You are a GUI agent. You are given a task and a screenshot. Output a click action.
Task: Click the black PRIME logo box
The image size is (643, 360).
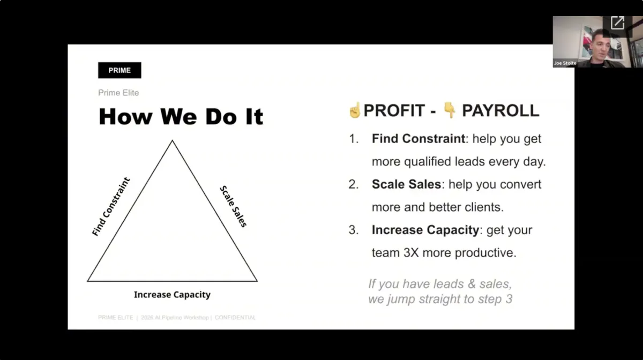click(119, 70)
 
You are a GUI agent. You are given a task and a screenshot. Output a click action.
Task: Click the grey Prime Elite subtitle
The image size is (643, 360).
click(118, 93)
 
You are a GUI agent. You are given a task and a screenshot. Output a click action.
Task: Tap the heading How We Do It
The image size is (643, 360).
click(181, 117)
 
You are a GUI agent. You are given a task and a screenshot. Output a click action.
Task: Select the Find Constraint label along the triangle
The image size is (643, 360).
click(111, 206)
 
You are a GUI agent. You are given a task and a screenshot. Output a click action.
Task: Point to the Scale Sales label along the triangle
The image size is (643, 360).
click(234, 206)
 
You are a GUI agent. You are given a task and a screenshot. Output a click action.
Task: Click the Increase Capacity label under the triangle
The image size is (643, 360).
click(172, 295)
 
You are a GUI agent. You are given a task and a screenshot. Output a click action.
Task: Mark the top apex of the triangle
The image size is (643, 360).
click(172, 140)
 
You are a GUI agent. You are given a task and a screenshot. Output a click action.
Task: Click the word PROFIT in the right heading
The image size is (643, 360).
click(394, 110)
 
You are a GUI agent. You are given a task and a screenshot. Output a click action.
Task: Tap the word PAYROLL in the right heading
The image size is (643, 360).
click(500, 110)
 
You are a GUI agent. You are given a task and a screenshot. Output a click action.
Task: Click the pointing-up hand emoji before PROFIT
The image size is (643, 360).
click(355, 110)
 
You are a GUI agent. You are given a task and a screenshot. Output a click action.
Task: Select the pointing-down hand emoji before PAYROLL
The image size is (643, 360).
click(449, 110)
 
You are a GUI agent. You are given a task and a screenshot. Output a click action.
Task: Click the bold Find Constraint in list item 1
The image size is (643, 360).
click(418, 139)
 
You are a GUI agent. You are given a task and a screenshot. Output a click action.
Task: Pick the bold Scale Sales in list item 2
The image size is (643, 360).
click(406, 184)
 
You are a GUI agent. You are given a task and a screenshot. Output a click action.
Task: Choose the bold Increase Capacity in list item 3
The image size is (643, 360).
click(425, 230)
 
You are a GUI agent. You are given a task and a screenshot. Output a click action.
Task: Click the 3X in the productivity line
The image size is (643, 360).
click(411, 253)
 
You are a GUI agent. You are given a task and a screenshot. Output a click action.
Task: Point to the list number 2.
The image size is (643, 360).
click(353, 184)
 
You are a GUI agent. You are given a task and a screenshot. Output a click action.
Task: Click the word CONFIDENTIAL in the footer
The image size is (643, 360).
click(235, 318)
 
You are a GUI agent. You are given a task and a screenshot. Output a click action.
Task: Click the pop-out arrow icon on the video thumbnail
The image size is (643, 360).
click(617, 23)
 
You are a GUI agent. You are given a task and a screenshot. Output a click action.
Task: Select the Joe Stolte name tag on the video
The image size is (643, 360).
click(565, 63)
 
